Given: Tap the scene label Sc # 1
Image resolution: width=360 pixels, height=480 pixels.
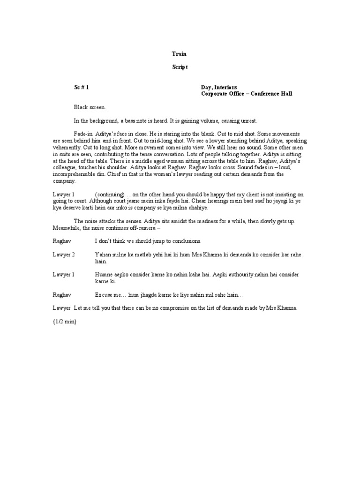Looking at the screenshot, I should pyautogui.click(x=81, y=87).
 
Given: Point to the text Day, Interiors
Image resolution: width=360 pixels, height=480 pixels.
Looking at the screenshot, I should pyautogui.click(x=219, y=87).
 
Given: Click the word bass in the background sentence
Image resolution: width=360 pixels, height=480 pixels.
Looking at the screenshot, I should pyautogui.click(x=133, y=120).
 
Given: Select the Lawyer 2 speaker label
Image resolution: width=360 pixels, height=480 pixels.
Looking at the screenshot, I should pyautogui.click(x=63, y=255).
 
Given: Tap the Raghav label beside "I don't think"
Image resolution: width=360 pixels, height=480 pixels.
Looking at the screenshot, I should pyautogui.click(x=61, y=241).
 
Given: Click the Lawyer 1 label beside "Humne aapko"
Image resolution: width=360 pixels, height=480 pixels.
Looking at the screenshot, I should pyautogui.click(x=63, y=275).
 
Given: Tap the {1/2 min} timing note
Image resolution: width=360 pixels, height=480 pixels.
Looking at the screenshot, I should pyautogui.click(x=65, y=322).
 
